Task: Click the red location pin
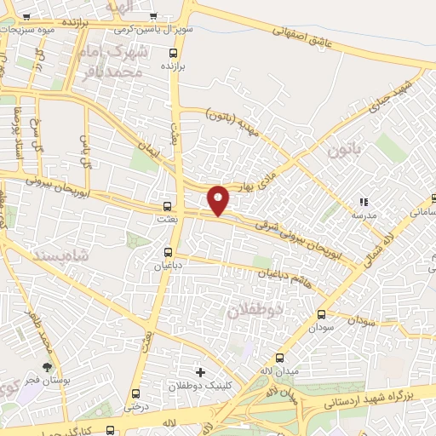coord(219,200)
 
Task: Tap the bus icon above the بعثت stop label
coord(167,206)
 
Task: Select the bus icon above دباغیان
coord(168,252)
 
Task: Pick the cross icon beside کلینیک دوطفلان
coord(200,372)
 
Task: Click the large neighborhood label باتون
coord(344,151)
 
